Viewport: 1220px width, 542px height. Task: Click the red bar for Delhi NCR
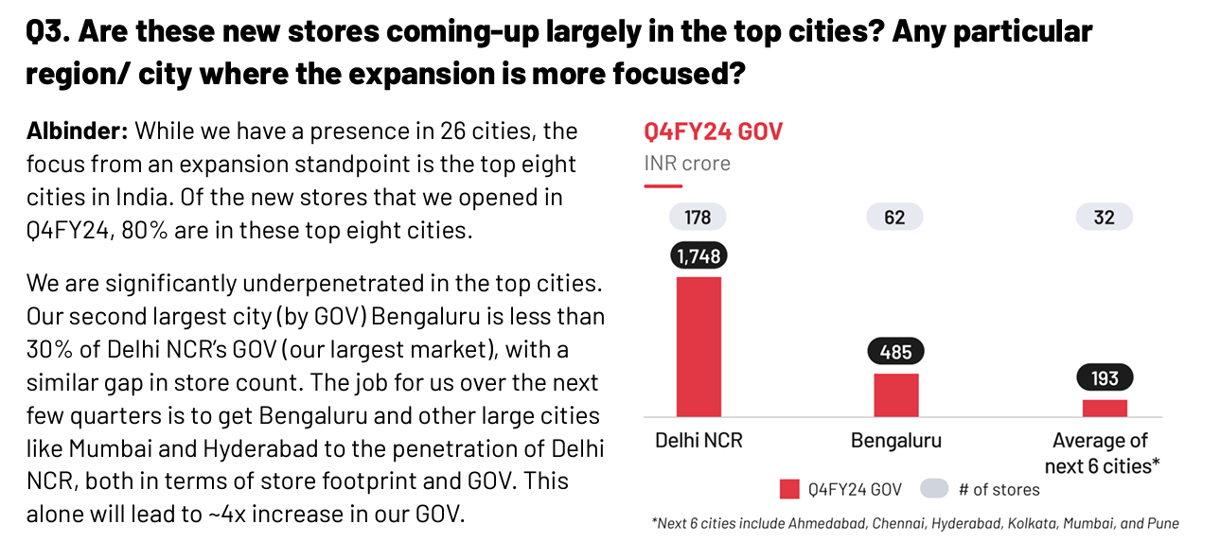click(698, 346)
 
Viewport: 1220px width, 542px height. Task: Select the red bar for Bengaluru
click(895, 394)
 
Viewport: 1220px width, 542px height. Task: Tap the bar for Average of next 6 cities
click(1105, 408)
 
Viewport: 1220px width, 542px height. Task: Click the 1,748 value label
click(698, 255)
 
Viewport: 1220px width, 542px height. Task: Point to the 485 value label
click(895, 353)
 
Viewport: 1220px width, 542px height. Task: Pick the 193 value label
click(1105, 378)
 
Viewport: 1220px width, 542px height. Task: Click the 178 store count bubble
click(698, 218)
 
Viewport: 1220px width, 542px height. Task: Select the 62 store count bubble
click(894, 218)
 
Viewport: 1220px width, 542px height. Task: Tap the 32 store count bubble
click(1104, 218)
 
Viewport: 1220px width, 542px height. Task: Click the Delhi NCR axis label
click(698, 441)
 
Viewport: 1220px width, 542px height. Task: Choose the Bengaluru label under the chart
click(895, 441)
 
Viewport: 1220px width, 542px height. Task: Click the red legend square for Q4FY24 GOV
click(790, 489)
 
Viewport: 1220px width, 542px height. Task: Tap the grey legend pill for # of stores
click(934, 489)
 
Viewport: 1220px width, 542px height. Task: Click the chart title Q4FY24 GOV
click(713, 131)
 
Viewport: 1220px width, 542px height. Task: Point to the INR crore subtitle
click(687, 163)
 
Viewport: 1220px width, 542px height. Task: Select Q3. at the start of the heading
click(48, 32)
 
